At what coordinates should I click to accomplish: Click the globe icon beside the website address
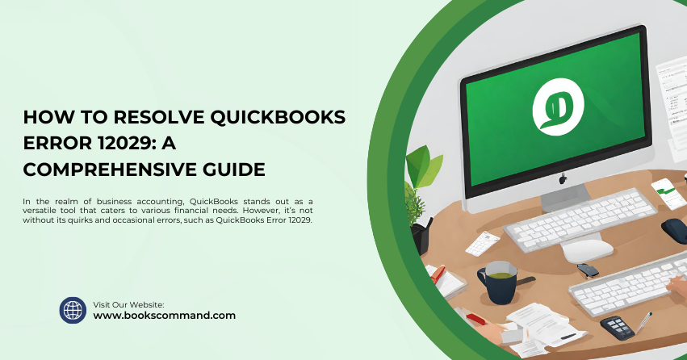click(73, 310)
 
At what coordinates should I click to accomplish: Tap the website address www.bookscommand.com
click(165, 316)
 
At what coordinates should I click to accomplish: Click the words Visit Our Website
click(129, 304)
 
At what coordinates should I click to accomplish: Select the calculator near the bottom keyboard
click(618, 326)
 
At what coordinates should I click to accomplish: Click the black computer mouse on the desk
click(673, 230)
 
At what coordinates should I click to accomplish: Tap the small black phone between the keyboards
click(589, 270)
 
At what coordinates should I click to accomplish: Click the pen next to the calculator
click(644, 322)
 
